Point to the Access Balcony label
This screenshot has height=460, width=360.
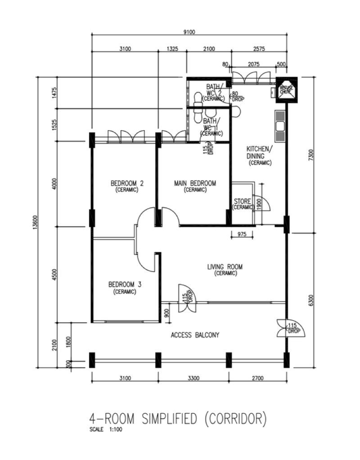195,335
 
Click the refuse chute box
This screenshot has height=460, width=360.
286,89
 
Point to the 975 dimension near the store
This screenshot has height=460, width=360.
242,234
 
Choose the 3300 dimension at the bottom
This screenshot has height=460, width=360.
193,379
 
